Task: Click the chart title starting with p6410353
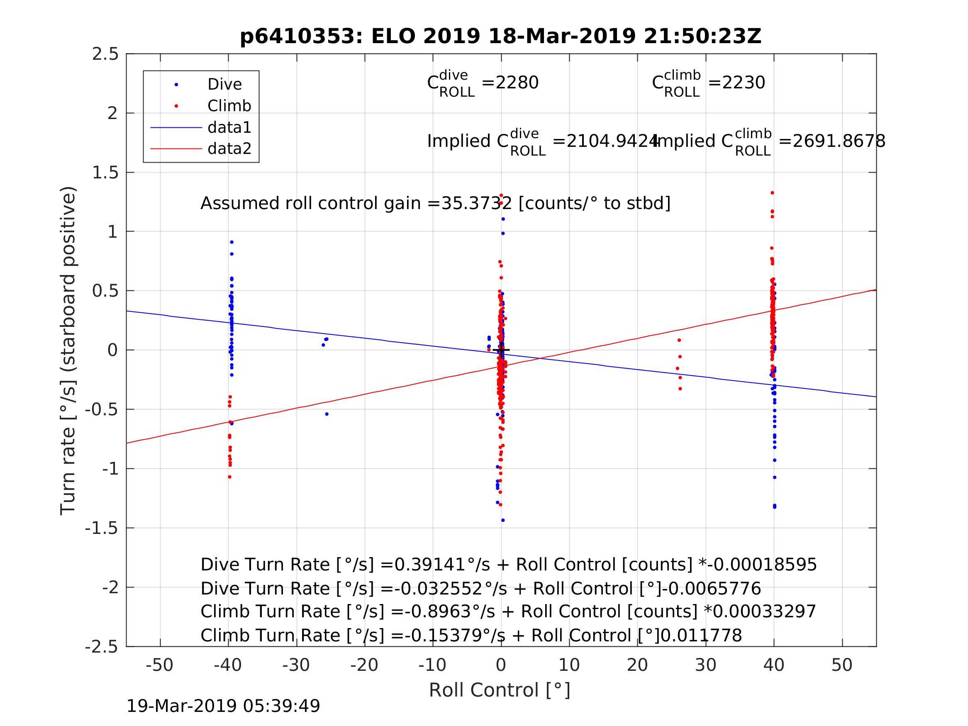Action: click(501, 37)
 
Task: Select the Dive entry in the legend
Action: click(224, 85)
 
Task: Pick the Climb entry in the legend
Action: click(229, 106)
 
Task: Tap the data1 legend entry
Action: click(229, 127)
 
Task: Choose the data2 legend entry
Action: click(229, 149)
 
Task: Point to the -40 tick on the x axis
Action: click(227, 665)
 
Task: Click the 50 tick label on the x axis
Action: click(841, 665)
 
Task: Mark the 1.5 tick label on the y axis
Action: click(105, 173)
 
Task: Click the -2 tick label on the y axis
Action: click(110, 587)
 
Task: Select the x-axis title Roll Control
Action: click(499, 690)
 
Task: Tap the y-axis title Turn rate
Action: click(68, 350)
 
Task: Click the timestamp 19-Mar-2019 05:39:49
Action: click(223, 706)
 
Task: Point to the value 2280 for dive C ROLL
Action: click(510, 83)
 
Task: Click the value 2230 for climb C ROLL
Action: click(736, 83)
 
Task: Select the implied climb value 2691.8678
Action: click(831, 141)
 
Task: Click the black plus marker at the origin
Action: click(501, 350)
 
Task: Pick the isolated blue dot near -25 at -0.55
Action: click(327, 414)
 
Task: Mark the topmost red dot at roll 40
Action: click(773, 193)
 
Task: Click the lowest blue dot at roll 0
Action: click(503, 520)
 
